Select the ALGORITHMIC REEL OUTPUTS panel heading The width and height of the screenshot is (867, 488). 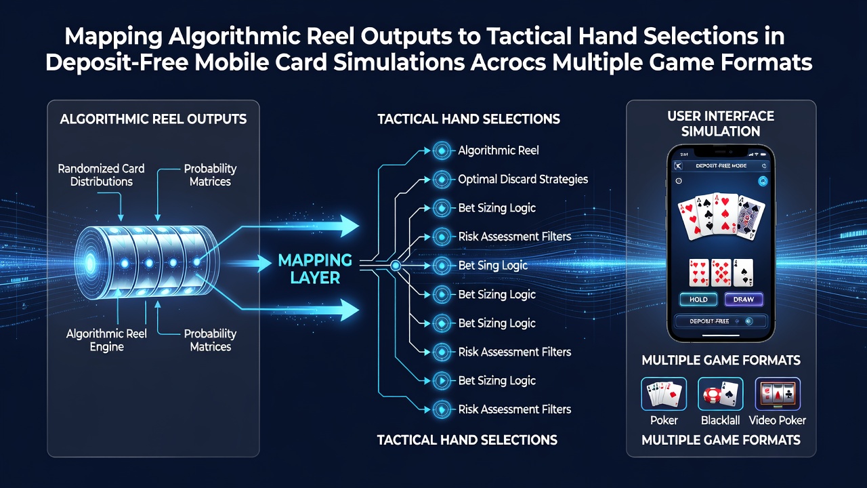[x=153, y=119]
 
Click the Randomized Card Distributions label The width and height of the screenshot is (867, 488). [x=101, y=175]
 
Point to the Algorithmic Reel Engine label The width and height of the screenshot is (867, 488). [x=106, y=340]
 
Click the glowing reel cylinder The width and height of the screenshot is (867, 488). [x=146, y=262]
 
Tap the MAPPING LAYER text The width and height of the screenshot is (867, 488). [x=315, y=269]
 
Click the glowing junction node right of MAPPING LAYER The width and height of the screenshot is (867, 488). [x=396, y=266]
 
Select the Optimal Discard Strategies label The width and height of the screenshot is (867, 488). [x=523, y=180]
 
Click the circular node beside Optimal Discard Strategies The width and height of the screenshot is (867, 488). [x=442, y=180]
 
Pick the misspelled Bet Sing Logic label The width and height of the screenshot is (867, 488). [x=492, y=266]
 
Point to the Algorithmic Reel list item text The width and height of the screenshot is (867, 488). [x=499, y=150]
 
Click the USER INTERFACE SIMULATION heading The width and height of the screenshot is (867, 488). [x=721, y=123]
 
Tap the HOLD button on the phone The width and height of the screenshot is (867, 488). [x=698, y=300]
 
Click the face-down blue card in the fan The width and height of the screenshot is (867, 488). [x=751, y=218]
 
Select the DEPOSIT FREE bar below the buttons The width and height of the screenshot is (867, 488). [x=720, y=321]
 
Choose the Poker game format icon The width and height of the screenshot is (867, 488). [x=664, y=394]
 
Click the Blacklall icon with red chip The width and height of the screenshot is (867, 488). [x=720, y=394]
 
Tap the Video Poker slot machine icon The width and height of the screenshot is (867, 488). [x=778, y=394]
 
